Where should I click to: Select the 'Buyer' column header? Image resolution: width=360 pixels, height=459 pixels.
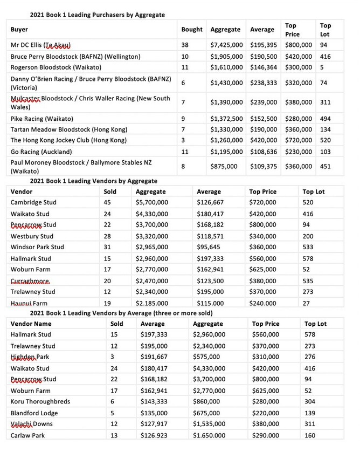(x=19, y=30)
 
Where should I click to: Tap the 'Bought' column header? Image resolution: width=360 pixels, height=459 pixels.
(x=192, y=30)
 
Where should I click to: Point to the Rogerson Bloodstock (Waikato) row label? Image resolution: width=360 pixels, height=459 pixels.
(x=56, y=67)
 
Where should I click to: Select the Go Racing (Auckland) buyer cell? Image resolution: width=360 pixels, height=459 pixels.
(x=44, y=152)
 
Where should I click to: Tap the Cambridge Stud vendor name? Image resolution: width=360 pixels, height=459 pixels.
(x=33, y=202)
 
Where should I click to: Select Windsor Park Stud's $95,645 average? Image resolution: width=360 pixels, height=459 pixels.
(x=209, y=247)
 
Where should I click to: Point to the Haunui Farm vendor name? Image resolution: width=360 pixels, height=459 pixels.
(x=30, y=303)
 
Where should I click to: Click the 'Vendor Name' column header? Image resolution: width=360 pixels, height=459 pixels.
(x=31, y=324)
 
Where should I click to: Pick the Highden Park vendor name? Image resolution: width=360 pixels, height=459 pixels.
(x=30, y=357)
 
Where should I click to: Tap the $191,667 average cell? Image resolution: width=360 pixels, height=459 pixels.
(x=156, y=357)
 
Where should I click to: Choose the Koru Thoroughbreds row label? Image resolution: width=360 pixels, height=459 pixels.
(x=40, y=401)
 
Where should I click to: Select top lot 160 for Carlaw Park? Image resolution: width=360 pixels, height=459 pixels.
(x=310, y=435)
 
